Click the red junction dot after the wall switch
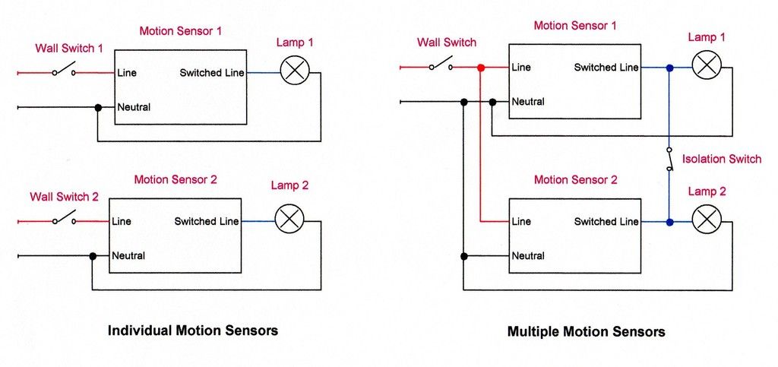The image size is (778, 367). [x=480, y=68]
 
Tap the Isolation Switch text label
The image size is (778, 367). [x=722, y=159]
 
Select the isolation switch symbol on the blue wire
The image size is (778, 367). [x=669, y=158]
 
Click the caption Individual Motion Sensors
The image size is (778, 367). [x=193, y=331]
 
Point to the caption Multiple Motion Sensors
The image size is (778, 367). [x=587, y=332]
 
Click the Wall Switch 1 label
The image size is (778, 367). [x=70, y=48]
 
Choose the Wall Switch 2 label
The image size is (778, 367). [x=65, y=197]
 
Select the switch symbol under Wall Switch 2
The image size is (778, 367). [x=64, y=220]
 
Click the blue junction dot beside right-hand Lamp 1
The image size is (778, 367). [x=669, y=68]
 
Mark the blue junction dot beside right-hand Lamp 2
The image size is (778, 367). [x=669, y=223]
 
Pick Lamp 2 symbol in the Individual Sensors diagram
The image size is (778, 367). [x=289, y=219]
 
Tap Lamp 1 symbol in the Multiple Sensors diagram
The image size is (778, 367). [x=707, y=65]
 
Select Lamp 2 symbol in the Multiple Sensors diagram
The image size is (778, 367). [x=707, y=220]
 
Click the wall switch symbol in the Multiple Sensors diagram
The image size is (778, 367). [x=441, y=66]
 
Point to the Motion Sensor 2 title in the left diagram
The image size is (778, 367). [x=176, y=180]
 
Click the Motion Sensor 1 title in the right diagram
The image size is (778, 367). [x=575, y=26]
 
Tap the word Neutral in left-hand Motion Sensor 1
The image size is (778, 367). [x=134, y=107]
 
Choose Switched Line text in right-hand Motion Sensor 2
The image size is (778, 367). [x=606, y=222]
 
